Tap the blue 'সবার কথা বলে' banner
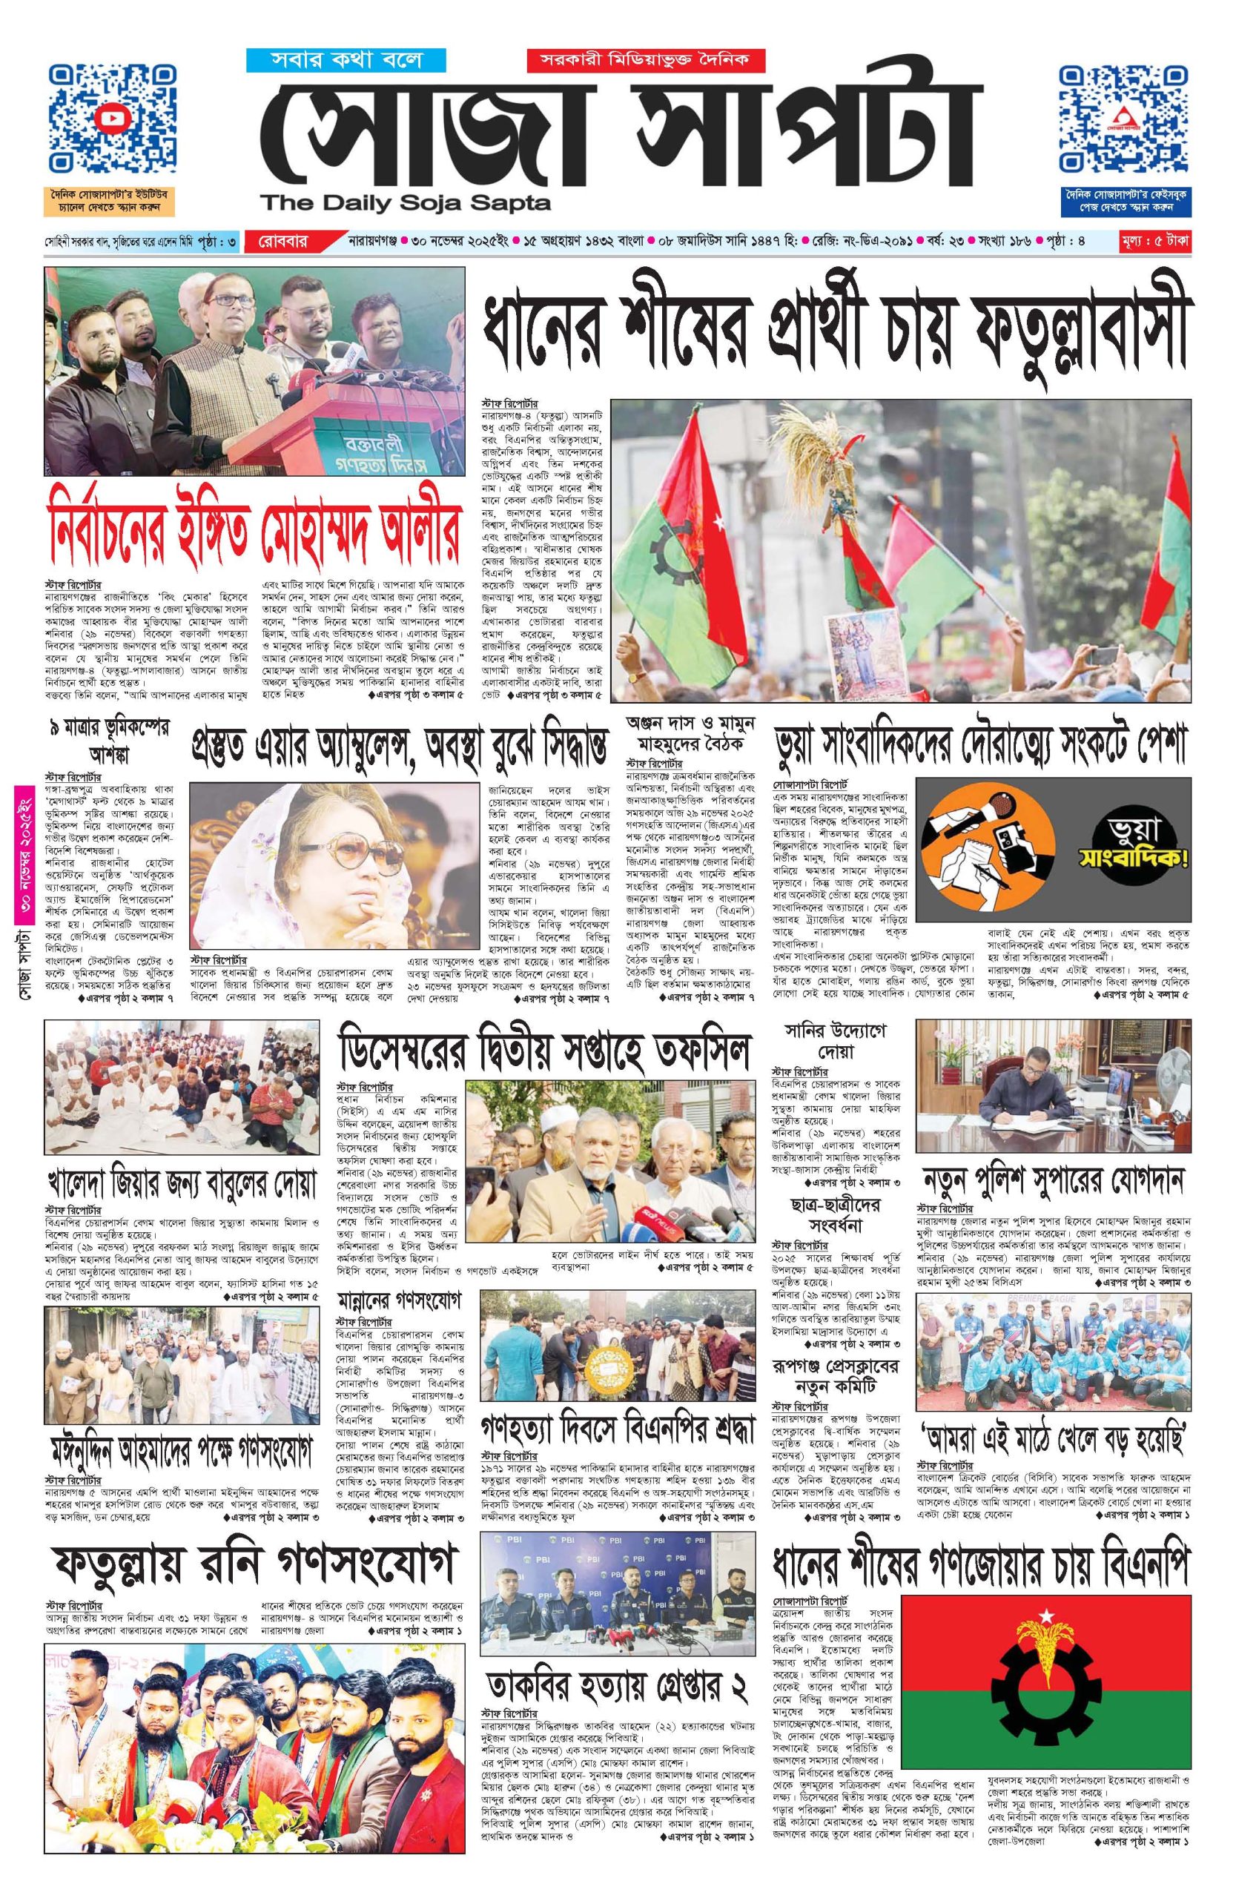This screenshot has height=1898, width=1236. (x=334, y=60)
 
